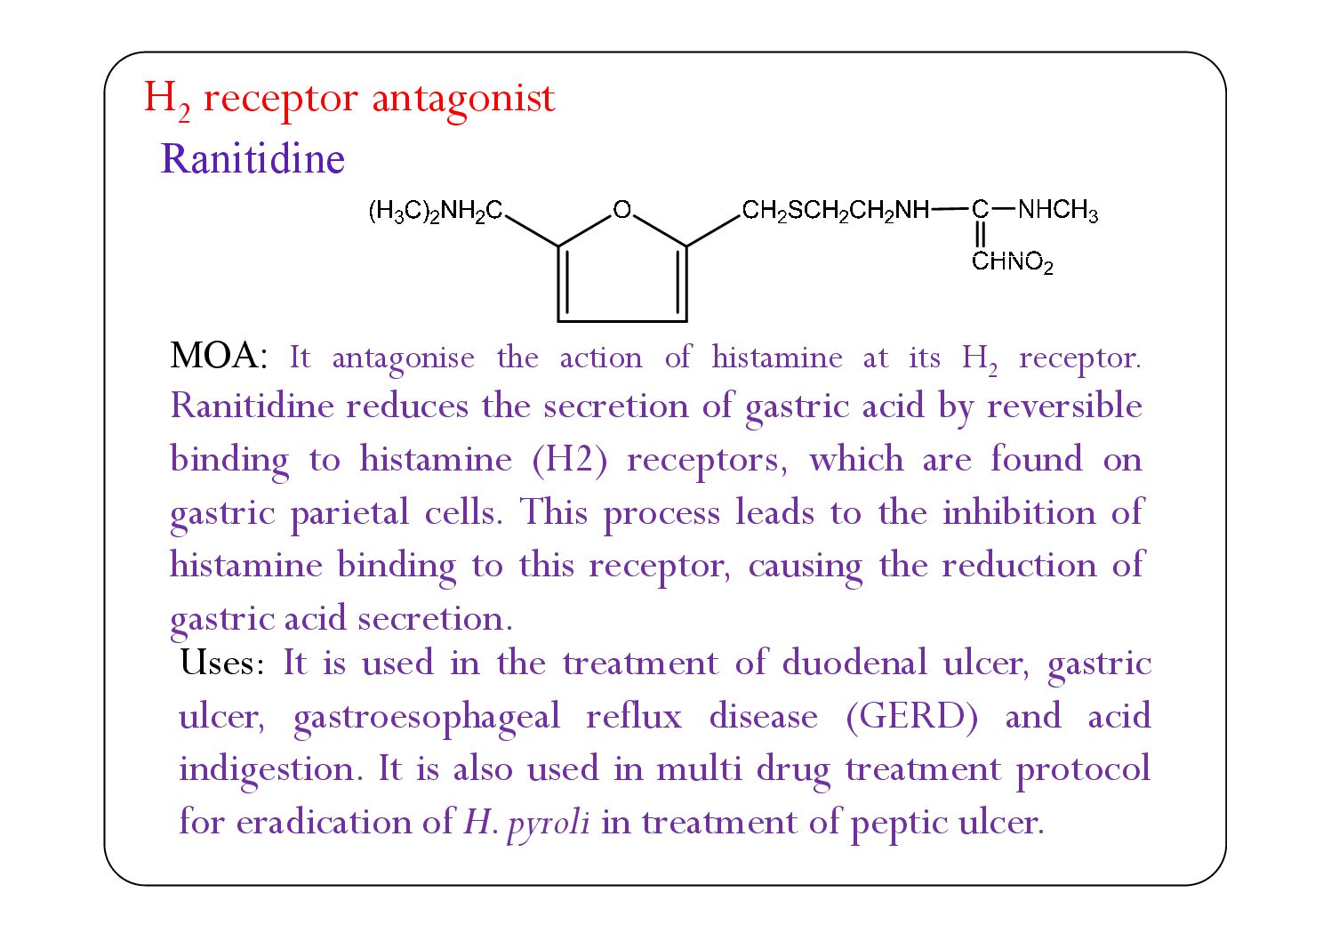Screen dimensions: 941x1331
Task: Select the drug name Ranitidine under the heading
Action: tap(253, 159)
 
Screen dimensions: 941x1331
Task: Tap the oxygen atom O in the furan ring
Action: tap(621, 210)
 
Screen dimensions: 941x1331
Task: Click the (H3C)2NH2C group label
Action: tap(436, 212)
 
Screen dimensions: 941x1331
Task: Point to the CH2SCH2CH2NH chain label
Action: tap(835, 212)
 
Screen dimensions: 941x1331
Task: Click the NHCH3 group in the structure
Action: tap(1057, 212)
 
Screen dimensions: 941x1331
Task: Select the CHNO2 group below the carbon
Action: tap(1012, 262)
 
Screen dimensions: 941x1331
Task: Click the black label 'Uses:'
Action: tap(221, 663)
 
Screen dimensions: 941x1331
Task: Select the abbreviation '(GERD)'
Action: tap(912, 716)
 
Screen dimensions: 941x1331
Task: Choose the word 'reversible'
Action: tap(1064, 406)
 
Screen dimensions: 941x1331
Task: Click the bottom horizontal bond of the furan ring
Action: tap(621, 320)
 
